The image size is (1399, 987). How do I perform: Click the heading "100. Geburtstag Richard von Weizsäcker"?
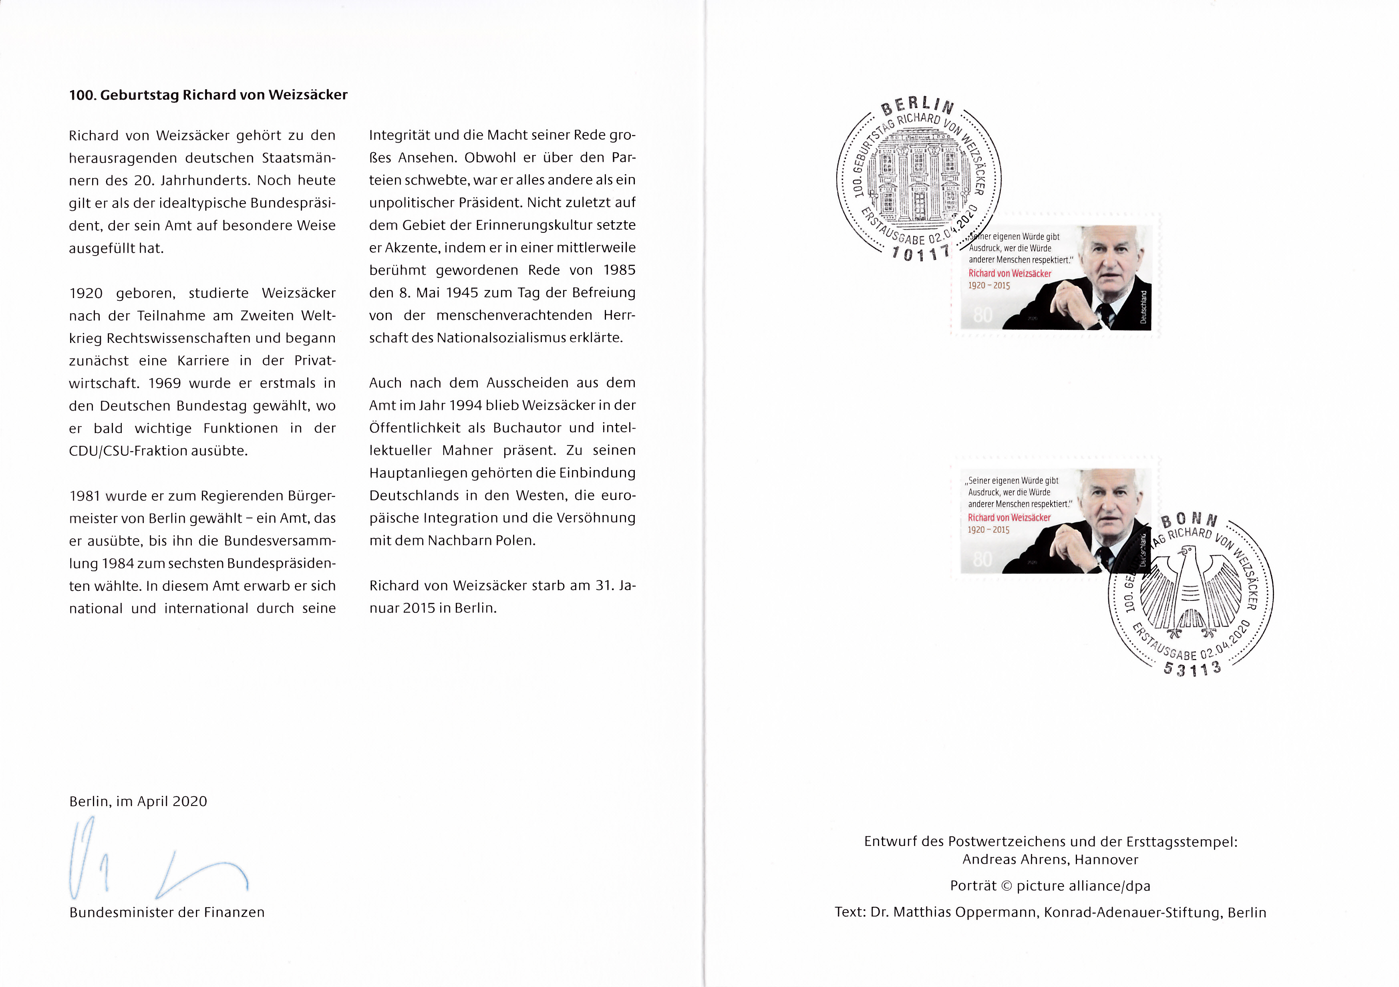(x=208, y=95)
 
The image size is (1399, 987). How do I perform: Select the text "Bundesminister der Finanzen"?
(x=167, y=912)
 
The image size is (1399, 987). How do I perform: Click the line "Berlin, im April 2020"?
(x=138, y=801)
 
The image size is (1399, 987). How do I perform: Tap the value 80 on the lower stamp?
(x=982, y=559)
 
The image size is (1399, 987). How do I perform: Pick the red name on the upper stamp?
(x=1010, y=274)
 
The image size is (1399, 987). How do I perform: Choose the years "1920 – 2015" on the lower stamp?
(x=988, y=530)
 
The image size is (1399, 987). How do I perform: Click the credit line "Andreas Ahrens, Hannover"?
(x=1051, y=860)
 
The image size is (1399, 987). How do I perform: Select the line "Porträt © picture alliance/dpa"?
(x=1051, y=886)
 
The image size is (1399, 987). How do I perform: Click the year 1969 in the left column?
(x=165, y=383)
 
